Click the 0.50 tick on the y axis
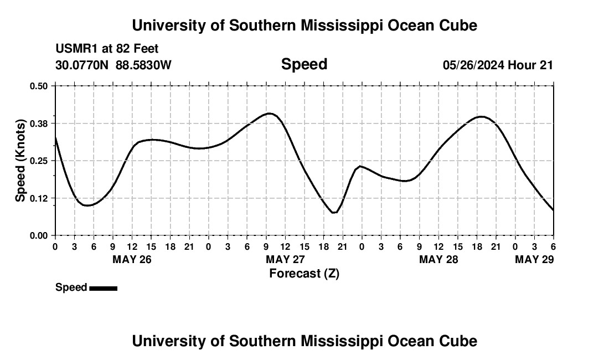click(39, 86)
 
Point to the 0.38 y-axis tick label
click(39, 123)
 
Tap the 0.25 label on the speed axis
click(39, 161)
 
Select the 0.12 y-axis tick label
click(39, 198)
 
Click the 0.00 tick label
click(39, 235)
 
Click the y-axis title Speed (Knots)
click(20, 161)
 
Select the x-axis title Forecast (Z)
click(304, 273)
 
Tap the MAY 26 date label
click(132, 259)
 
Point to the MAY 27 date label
click(285, 259)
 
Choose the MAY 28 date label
click(438, 259)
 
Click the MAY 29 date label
click(534, 259)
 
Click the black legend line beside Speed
click(103, 288)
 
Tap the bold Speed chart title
click(304, 64)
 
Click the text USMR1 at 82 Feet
click(107, 49)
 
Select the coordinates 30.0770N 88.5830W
click(113, 65)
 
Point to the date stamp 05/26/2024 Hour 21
click(498, 65)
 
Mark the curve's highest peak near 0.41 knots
click(270, 113)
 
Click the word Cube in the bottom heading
click(461, 341)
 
